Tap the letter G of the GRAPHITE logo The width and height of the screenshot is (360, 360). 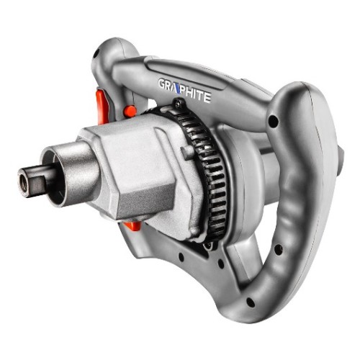162,84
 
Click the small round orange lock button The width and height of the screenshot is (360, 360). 130,112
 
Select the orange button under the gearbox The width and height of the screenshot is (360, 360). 132,225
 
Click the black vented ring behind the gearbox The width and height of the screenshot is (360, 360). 207,168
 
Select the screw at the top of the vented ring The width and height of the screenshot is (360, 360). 178,103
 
